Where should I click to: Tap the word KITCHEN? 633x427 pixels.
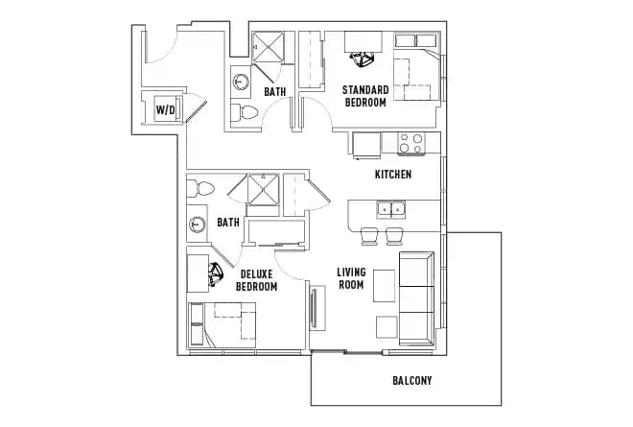392,175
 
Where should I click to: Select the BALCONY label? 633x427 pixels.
411,381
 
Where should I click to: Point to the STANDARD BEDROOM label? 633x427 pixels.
364,96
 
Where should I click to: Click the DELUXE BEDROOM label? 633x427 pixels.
256,280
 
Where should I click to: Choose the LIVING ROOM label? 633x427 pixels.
351,278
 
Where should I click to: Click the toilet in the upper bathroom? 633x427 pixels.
247,112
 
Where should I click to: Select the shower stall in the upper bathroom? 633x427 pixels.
269,46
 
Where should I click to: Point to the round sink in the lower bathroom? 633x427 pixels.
197,225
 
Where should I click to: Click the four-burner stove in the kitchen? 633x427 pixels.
411,144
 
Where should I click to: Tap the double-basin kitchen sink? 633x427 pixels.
391,209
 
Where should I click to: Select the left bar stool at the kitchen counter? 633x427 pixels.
368,237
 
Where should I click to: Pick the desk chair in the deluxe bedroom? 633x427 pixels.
218,275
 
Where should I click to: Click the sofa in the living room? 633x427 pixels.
416,297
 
